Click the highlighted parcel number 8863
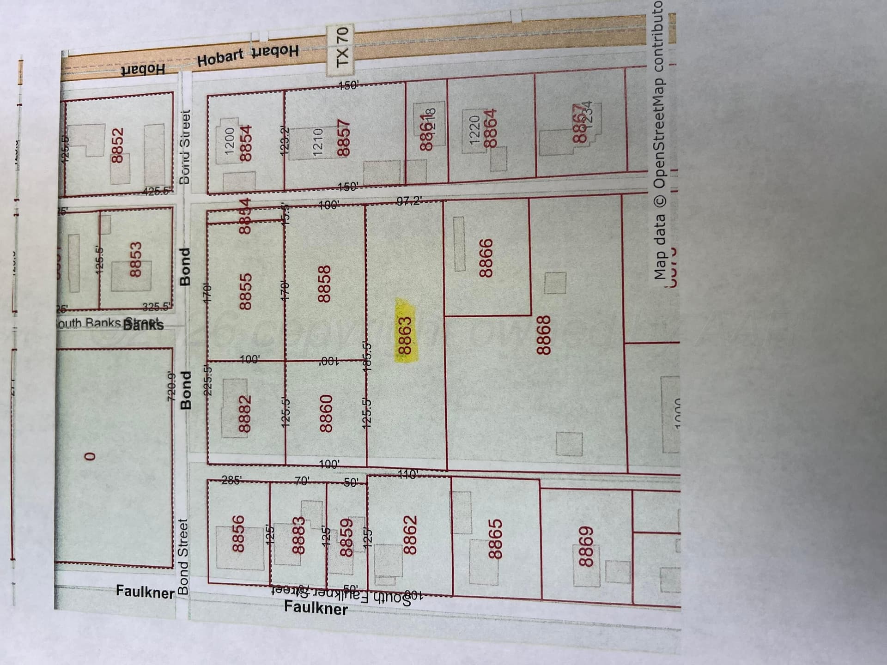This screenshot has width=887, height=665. pos(404,329)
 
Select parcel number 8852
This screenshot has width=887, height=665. pos(118,145)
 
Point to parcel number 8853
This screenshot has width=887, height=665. pos(135,260)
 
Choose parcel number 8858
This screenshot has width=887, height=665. pos(324,284)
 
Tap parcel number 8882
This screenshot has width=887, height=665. pos(244,413)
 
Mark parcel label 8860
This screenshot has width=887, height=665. pos(326,413)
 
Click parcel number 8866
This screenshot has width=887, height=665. pos(486,258)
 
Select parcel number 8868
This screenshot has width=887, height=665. pos(544,335)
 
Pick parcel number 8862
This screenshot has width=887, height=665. pos(410,534)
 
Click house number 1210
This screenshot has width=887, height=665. pos(318,143)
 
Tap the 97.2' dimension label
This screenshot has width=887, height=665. pos(408,201)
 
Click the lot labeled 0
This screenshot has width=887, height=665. pos(91,456)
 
